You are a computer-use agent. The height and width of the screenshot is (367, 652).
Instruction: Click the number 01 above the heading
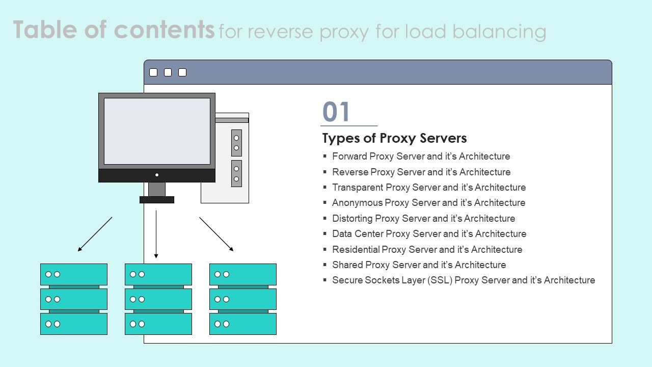coord(337,112)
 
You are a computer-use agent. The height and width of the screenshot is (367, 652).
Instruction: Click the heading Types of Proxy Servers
coord(394,138)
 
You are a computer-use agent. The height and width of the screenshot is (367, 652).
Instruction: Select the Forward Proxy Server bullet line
coord(421,156)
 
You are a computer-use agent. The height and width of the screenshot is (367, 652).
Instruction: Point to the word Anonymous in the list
coord(357,203)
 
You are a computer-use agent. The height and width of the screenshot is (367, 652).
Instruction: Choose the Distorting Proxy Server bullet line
coord(423,219)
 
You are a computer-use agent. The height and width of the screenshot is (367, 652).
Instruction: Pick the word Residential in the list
coord(356,250)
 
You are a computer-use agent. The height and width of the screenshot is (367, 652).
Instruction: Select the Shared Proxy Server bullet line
coord(419,265)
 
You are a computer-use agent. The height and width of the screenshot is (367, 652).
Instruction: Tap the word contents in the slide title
coord(164,30)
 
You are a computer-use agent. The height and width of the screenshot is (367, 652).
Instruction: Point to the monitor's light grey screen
coord(157,131)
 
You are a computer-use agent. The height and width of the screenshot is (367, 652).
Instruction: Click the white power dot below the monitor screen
coord(157,175)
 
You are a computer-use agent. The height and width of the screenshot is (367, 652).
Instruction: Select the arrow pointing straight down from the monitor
coord(156,234)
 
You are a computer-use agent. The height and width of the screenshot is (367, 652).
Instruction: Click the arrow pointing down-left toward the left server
coord(95,234)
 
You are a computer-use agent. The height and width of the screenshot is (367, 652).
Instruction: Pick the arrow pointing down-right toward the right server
coord(216,234)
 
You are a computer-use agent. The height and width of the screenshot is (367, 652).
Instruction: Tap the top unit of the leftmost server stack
coord(74,274)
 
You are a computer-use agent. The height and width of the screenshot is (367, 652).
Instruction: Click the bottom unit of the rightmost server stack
coord(243,324)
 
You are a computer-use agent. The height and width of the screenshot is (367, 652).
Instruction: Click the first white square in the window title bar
coord(153,72)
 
